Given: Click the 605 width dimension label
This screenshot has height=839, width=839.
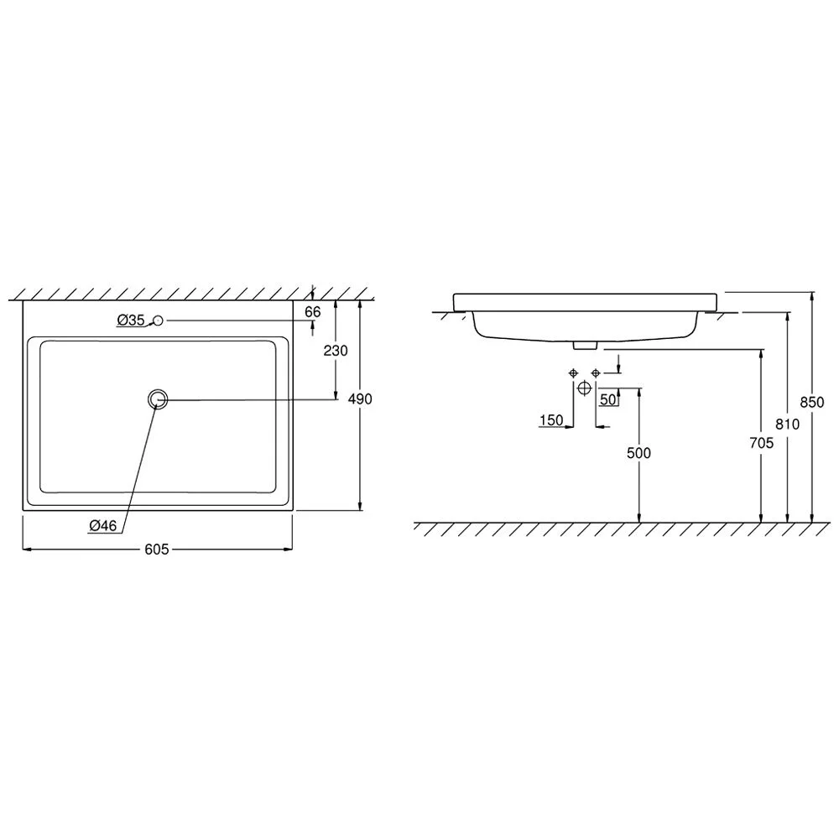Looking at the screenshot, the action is pyautogui.click(x=157, y=550).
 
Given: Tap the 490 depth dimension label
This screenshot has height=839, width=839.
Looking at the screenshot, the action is pyautogui.click(x=360, y=399).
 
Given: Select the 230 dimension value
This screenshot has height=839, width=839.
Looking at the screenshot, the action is pyautogui.click(x=336, y=351).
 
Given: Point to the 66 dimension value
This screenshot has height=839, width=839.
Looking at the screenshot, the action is pyautogui.click(x=312, y=311).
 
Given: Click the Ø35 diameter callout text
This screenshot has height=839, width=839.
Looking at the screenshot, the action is pyautogui.click(x=131, y=320).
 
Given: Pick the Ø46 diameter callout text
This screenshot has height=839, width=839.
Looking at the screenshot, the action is pyautogui.click(x=102, y=526).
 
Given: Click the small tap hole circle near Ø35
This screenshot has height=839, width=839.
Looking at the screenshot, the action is pyautogui.click(x=158, y=320).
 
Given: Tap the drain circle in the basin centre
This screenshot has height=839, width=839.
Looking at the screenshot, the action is pyautogui.click(x=158, y=399).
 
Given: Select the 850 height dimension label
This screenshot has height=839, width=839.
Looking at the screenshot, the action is pyautogui.click(x=812, y=402).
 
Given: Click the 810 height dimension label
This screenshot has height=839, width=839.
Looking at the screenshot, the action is pyautogui.click(x=788, y=425).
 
